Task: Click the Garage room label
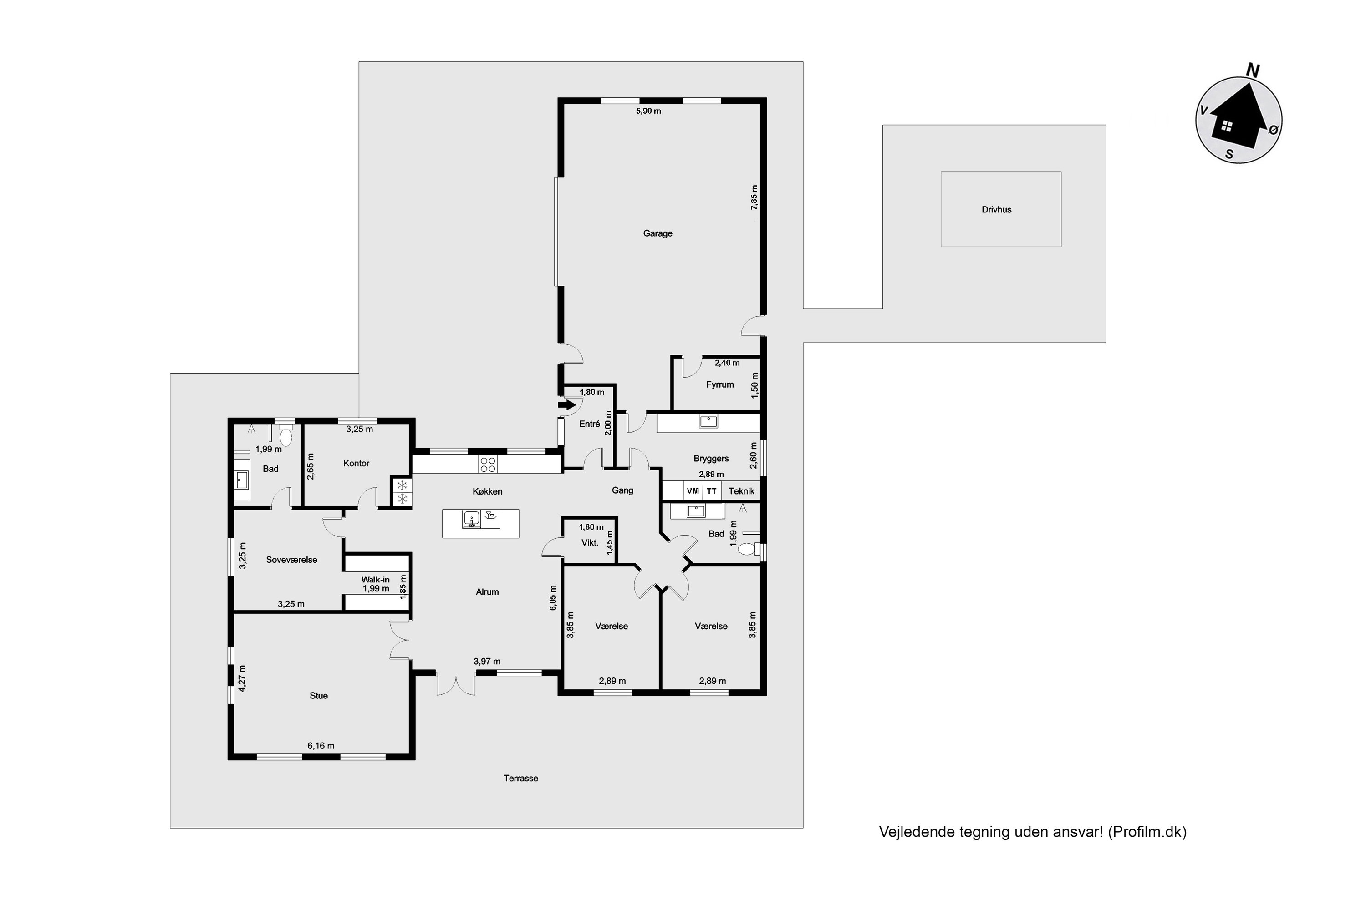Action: pos(658,233)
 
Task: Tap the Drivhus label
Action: pos(997,209)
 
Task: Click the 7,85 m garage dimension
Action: pos(754,197)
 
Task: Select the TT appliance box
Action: pos(712,491)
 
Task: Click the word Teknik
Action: pos(742,491)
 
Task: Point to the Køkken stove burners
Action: pos(488,464)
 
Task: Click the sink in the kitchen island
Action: pos(471,518)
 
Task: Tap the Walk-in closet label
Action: pos(375,579)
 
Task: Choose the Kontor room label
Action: pos(356,463)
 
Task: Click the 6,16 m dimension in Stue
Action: pos(321,746)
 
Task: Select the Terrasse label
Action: pos(520,778)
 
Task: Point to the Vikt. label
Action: pos(590,543)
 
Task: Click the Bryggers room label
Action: pos(711,459)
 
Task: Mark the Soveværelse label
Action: pos(291,560)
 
